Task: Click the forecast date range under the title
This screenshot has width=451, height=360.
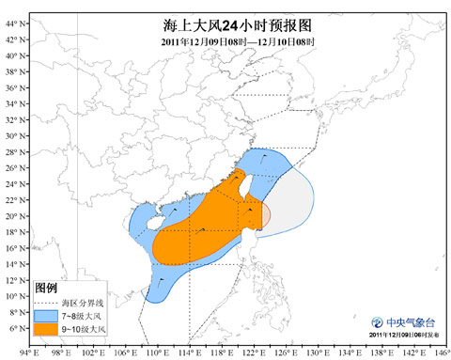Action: [x=236, y=42]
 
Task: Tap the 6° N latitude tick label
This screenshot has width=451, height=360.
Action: [x=14, y=328]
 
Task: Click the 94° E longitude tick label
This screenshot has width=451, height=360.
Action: [x=27, y=352]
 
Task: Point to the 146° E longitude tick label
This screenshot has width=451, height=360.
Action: [x=433, y=352]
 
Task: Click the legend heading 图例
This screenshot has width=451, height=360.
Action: [x=46, y=287]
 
